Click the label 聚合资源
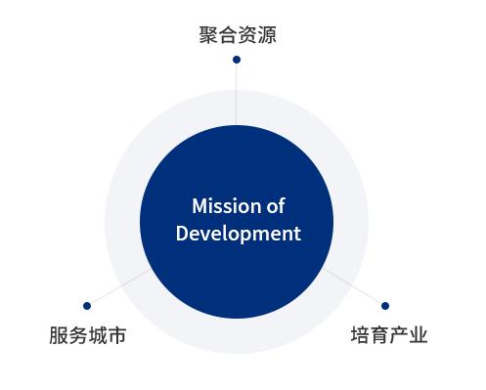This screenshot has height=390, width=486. coord(236,36)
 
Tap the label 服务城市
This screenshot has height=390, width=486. coord(87,336)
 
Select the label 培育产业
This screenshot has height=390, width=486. coord(389,336)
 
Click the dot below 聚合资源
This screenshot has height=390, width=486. coord(236,60)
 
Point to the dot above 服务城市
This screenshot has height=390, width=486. coord(87,306)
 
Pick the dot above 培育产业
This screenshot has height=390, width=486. coord(384,306)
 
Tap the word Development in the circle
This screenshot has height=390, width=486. coord(236,234)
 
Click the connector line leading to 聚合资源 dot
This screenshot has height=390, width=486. coord(236,93)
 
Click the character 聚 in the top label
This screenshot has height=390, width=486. coord(206,36)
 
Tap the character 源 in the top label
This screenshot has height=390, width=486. coord(265,36)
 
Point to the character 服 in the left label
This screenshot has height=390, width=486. coord(58,336)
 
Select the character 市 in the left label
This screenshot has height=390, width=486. coord(116,336)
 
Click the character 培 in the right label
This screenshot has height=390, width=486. coord(360,336)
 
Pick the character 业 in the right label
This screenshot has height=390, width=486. coord(419,336)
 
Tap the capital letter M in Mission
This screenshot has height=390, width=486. coord(199,207)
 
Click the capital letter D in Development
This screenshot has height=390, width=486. coord(181,234)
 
